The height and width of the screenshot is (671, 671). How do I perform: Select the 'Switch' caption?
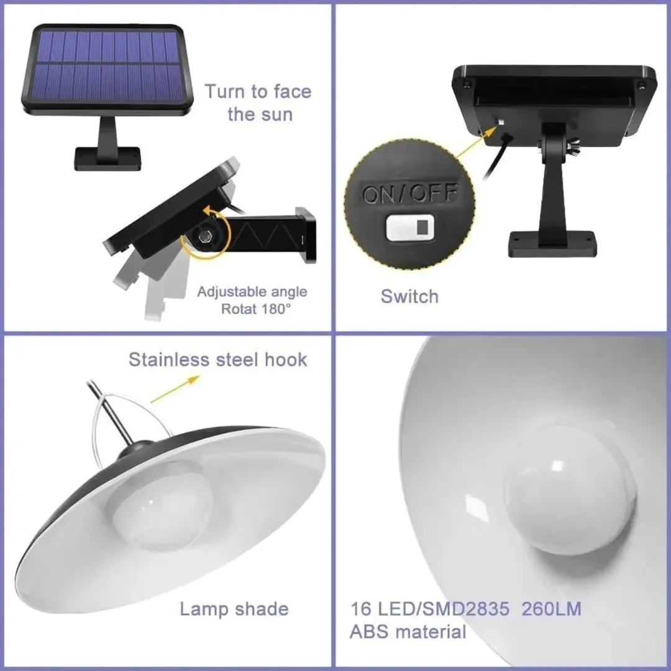(409, 296)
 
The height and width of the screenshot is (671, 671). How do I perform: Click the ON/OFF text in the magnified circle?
(409, 193)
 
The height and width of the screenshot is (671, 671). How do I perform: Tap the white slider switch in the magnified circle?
(409, 227)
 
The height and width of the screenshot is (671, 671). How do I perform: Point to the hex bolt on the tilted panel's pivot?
(204, 236)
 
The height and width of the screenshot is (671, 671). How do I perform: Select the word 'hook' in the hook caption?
(286, 360)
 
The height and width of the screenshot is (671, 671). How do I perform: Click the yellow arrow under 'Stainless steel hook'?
(175, 389)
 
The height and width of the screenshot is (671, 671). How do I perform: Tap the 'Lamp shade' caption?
(234, 608)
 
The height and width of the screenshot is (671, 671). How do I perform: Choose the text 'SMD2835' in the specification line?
(466, 608)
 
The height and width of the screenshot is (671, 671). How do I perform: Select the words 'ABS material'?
(408, 632)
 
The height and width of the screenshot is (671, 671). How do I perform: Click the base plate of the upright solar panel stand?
(108, 158)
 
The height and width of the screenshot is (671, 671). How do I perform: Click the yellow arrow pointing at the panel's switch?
(475, 143)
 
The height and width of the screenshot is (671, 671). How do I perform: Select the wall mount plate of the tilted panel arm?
(306, 235)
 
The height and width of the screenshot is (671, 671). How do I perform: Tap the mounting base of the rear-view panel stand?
(552, 244)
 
